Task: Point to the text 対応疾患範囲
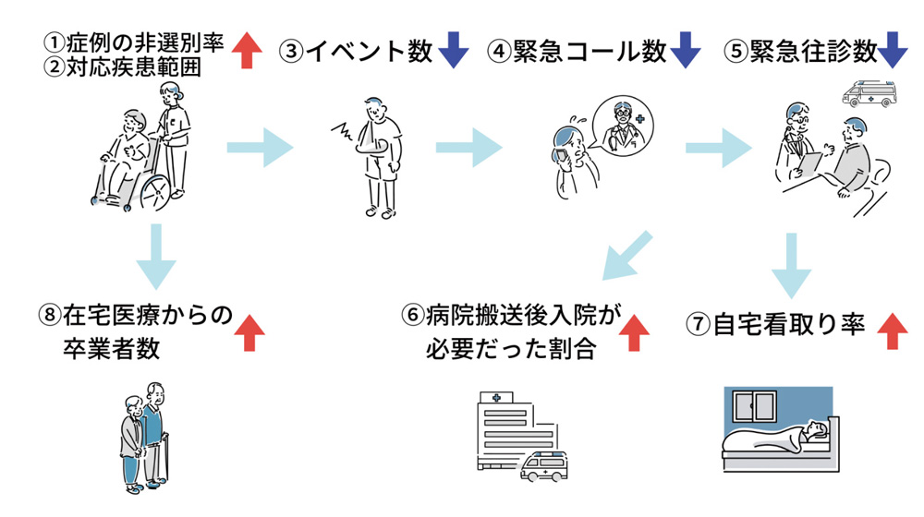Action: [x=128, y=68]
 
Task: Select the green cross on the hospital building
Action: [x=497, y=398]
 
